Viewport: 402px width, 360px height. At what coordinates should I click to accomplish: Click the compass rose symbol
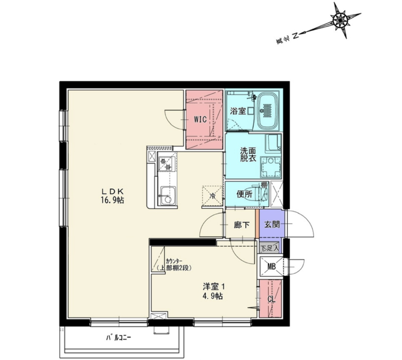341,20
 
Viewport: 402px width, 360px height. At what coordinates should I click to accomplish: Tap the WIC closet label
200,119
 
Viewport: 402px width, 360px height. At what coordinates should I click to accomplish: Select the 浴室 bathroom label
238,111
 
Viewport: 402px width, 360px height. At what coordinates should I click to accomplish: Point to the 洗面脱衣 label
248,154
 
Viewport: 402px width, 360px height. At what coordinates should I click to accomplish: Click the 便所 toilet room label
244,194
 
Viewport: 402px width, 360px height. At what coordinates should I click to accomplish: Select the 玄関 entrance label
272,225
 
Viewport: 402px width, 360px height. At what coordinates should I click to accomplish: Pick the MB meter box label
272,266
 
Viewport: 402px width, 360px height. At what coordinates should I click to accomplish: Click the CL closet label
271,299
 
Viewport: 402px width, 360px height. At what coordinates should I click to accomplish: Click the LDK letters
112,191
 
